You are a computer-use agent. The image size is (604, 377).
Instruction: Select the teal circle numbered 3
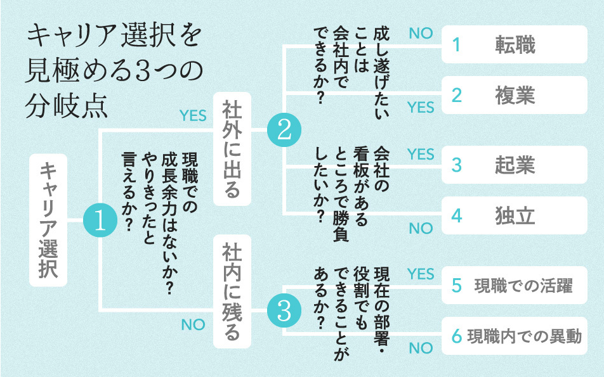[x=284, y=310]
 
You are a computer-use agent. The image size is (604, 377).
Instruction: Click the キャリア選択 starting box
[x=49, y=219]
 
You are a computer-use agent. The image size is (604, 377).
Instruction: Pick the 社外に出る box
[x=232, y=148]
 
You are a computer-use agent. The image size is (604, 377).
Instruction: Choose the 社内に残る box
[x=232, y=291]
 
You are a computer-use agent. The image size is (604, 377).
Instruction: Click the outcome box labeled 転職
[x=515, y=44]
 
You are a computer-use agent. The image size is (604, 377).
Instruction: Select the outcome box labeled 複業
[x=515, y=95]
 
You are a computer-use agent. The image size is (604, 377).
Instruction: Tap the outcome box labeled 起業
[x=515, y=165]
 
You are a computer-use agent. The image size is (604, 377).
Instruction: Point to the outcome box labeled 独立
[x=515, y=215]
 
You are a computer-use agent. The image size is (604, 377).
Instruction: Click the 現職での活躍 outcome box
[x=515, y=285]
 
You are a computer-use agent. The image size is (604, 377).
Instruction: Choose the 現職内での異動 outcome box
[x=515, y=336]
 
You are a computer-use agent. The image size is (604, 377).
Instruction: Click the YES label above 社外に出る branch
[x=193, y=115]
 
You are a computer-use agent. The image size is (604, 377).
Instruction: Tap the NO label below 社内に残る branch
[x=193, y=324]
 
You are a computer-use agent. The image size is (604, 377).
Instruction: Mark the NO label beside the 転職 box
[x=421, y=34]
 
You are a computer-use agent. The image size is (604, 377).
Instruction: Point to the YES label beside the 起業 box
[x=421, y=154]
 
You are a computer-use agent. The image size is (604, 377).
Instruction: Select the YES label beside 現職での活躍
[x=421, y=274]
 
